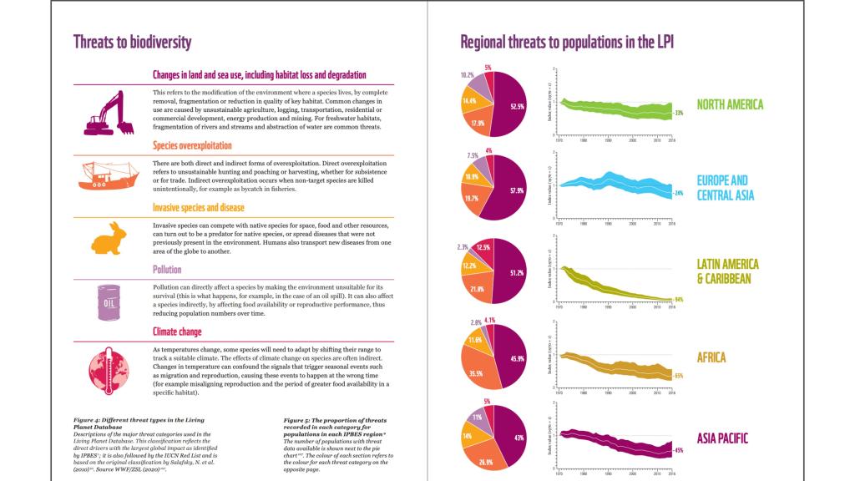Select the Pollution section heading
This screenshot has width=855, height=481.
tap(167, 270)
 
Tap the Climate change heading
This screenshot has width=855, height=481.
tap(177, 332)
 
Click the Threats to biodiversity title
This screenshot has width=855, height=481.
tap(132, 42)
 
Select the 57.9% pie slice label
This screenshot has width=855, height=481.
tap(515, 191)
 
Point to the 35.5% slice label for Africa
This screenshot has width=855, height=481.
tap(477, 373)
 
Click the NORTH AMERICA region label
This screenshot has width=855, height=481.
tap(731, 104)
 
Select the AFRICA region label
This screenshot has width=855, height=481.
tap(711, 357)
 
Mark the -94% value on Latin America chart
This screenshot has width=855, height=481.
tap(679, 299)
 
